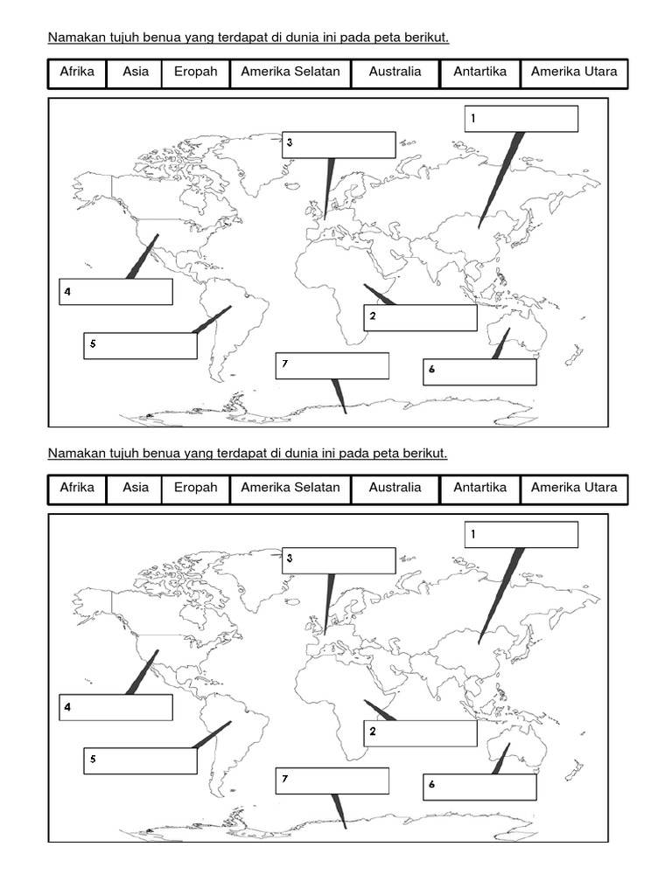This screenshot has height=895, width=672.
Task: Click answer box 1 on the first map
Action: coord(521,119)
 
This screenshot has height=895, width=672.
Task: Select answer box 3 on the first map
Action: coord(339,145)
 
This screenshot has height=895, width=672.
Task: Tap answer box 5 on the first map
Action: coord(140,346)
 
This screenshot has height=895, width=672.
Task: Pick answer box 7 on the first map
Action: coord(332,366)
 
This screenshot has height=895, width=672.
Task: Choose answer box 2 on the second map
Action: coord(420,733)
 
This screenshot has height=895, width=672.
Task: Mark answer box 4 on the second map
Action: coord(115,708)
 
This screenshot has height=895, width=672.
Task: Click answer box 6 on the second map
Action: coord(479,787)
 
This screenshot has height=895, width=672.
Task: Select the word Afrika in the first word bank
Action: coord(77,73)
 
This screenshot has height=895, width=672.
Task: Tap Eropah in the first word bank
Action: coord(195,73)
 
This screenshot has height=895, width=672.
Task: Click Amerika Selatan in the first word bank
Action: coord(290,73)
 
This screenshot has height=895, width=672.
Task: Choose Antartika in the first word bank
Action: coord(479,73)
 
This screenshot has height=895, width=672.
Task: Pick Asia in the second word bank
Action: coord(136,488)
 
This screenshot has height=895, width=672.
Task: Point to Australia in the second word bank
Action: coord(395,488)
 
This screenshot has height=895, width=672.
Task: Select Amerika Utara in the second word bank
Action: coord(573,488)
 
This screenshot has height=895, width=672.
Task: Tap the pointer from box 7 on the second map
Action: coord(339,811)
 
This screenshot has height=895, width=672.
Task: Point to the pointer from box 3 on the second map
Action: coord(328,604)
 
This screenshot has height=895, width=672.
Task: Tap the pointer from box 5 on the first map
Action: coord(212,320)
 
